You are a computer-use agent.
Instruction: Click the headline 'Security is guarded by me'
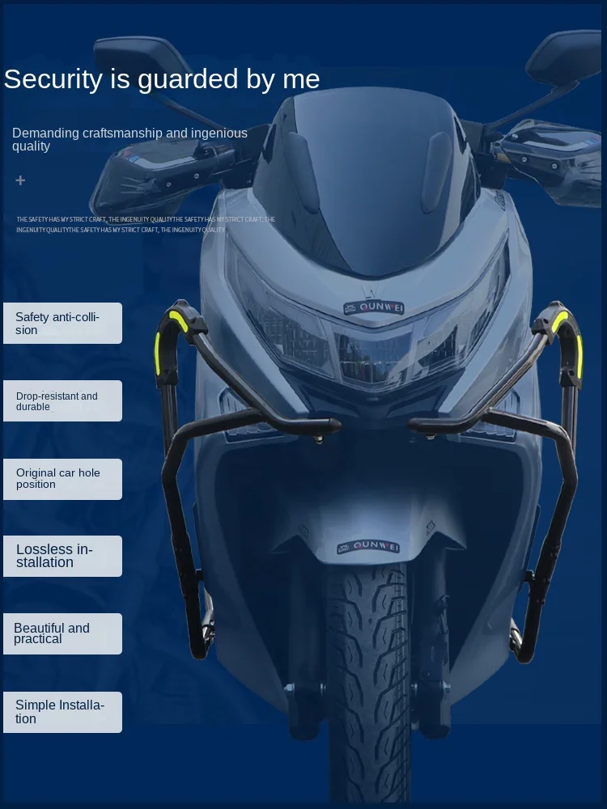click(162, 79)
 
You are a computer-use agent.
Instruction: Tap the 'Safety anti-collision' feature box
click(62, 323)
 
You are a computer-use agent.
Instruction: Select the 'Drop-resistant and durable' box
click(62, 400)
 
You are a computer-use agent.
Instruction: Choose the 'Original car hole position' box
click(62, 479)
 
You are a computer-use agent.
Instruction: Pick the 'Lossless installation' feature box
click(62, 556)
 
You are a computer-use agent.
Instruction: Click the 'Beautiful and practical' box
click(62, 633)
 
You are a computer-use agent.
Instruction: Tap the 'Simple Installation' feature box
click(62, 712)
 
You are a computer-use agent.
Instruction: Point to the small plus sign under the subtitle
click(21, 180)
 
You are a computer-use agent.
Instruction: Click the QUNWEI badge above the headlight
click(373, 307)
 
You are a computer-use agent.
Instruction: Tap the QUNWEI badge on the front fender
click(368, 547)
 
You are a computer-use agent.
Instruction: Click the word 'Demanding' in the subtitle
click(45, 133)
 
